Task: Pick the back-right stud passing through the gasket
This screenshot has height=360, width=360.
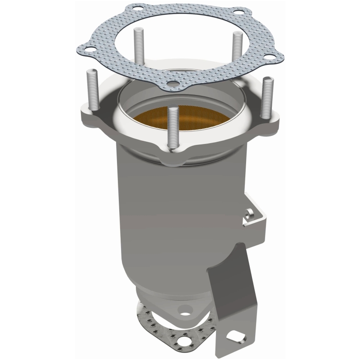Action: (236, 49)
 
